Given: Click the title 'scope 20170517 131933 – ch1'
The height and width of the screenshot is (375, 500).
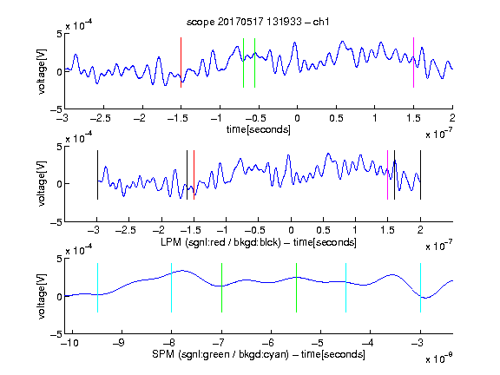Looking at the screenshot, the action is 258,22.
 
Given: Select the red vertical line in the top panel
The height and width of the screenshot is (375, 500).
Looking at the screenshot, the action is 181,62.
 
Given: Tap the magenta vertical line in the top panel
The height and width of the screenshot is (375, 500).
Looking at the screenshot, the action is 413,62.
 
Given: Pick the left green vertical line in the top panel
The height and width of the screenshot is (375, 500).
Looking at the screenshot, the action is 243,62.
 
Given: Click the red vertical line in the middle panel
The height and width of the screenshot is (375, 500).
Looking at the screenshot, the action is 194,175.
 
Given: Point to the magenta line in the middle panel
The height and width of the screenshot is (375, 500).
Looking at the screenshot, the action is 387,175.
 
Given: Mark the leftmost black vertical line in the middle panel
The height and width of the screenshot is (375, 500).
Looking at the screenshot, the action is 97,175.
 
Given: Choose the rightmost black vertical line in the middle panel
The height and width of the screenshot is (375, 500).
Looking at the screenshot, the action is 420,175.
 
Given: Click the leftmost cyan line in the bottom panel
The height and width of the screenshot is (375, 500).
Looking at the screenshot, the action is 97,287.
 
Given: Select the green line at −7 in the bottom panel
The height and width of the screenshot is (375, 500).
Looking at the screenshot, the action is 221,287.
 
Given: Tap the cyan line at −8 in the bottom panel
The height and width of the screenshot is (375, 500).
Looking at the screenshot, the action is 171,287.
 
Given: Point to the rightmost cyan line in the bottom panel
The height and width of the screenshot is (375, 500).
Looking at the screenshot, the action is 420,287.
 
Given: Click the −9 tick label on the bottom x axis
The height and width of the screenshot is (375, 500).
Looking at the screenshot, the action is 119,343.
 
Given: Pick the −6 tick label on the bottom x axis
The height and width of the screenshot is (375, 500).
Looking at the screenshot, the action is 268,343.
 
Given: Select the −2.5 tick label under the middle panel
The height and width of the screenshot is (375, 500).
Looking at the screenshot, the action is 126,230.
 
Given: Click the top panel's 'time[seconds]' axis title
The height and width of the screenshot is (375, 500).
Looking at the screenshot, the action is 259,129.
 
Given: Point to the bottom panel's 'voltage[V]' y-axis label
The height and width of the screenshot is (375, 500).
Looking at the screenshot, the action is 42,296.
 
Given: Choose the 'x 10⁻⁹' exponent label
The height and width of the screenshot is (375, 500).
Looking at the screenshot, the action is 438,359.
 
